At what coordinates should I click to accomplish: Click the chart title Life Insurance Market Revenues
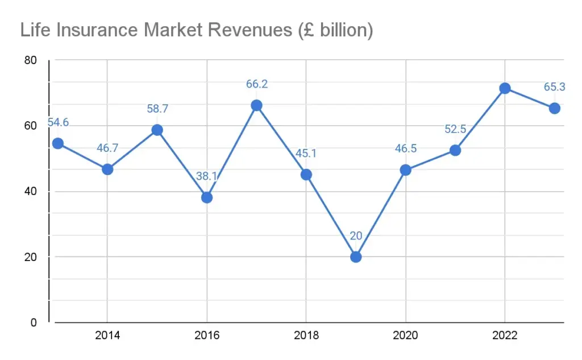pyautogui.click(x=196, y=30)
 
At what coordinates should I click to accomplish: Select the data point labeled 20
pyautogui.click(x=356, y=256)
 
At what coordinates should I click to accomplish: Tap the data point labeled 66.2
pyautogui.click(x=256, y=105)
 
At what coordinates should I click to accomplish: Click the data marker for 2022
pyautogui.click(x=505, y=88)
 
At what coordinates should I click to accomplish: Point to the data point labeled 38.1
pyautogui.click(x=207, y=197)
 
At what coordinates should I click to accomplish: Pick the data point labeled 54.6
pyautogui.click(x=57, y=143)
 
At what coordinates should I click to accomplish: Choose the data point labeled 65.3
pyautogui.click(x=555, y=108)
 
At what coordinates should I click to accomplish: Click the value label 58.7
pyautogui.click(x=157, y=109)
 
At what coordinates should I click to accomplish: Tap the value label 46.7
pyautogui.click(x=107, y=148)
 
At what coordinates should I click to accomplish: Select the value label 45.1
pyautogui.click(x=306, y=154)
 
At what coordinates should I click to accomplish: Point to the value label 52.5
pyautogui.click(x=455, y=129)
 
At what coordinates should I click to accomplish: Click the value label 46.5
pyautogui.click(x=406, y=149)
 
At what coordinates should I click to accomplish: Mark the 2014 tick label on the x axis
pyautogui.click(x=107, y=336)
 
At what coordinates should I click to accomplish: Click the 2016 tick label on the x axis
pyautogui.click(x=207, y=336)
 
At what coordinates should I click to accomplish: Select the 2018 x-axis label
pyautogui.click(x=306, y=336)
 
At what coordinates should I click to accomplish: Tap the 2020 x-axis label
pyautogui.click(x=406, y=336)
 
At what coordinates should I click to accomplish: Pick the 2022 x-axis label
pyautogui.click(x=505, y=336)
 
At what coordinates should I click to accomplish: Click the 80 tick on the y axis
pyautogui.click(x=31, y=60)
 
